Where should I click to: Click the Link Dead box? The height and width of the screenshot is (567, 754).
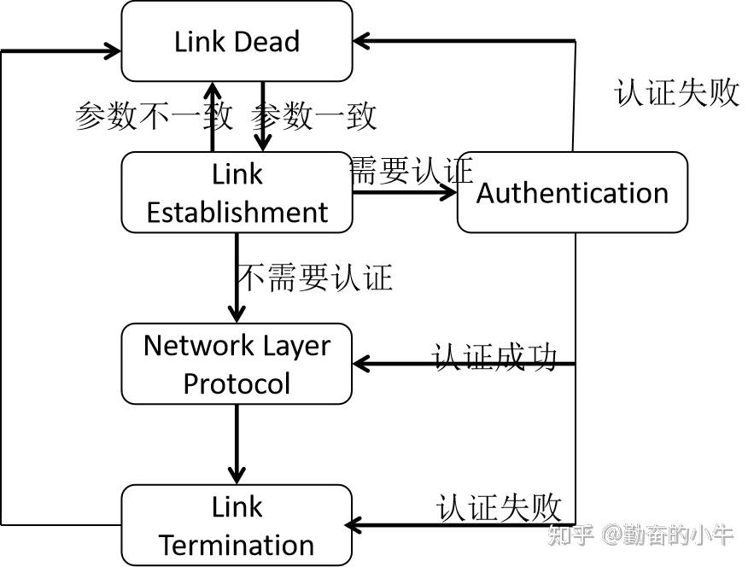click(237, 41)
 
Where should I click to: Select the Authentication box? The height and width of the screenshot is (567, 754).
click(572, 193)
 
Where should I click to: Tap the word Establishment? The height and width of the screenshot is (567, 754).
click(237, 213)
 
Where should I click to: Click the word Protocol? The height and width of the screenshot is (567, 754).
click(237, 383)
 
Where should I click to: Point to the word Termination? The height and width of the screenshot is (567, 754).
click(237, 545)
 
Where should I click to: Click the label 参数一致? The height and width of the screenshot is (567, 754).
click(314, 115)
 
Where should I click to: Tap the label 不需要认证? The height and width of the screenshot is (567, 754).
click(314, 278)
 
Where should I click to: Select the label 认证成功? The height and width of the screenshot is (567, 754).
click(494, 356)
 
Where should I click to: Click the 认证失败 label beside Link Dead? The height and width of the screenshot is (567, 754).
click(676, 92)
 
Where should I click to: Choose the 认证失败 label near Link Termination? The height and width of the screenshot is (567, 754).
click(499, 507)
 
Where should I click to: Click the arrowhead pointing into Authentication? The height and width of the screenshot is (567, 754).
click(447, 192)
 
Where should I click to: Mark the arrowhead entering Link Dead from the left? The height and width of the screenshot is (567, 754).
click(111, 50)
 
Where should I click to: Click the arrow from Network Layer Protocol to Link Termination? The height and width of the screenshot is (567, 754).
click(237, 444)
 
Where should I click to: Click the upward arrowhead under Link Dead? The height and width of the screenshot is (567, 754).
click(211, 91)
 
